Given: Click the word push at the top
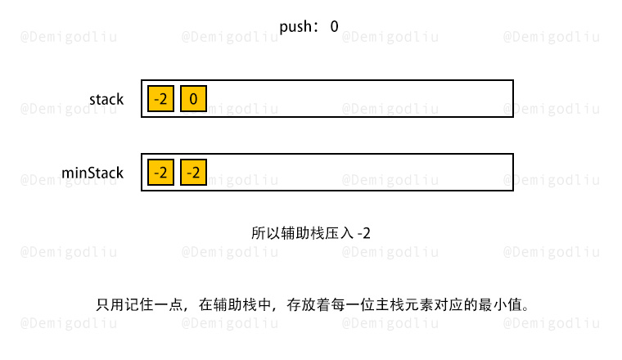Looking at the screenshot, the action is tap(295, 27).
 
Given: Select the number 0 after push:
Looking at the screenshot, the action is tap(335, 26).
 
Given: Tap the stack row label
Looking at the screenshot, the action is tap(106, 99).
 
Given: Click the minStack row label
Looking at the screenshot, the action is tap(92, 173).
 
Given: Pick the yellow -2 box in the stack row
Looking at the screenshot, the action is tap(160, 99).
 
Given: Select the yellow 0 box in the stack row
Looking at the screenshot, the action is tap(194, 99).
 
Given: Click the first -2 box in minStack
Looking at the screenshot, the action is tap(160, 173).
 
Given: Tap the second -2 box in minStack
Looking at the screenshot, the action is tap(194, 173).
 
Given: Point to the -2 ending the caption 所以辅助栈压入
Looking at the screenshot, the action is tap(363, 233).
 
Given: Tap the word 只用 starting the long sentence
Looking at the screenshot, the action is tap(110, 305).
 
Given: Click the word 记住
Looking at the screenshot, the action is tap(139, 305).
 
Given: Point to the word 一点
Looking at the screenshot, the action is tap(169, 305).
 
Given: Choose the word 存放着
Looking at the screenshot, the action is tap(309, 305).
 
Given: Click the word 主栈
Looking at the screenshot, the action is tap(389, 305).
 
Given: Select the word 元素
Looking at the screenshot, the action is tap(418, 305).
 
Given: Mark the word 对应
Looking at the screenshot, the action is tap(448, 305).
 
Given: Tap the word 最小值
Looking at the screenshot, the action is tap(499, 305).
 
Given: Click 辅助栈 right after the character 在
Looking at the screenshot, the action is tap(235, 305).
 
